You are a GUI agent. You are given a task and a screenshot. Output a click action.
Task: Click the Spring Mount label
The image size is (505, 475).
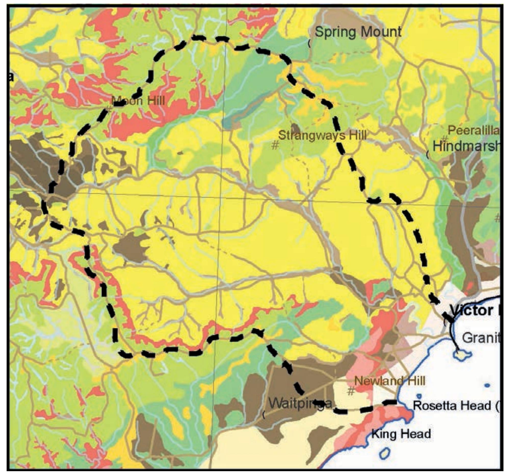pyautogui.click(x=358, y=32)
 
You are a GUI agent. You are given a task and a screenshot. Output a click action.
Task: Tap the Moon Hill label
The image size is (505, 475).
pyautogui.click(x=138, y=101)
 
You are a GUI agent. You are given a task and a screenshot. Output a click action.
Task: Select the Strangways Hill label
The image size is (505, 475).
pyautogui.click(x=322, y=135)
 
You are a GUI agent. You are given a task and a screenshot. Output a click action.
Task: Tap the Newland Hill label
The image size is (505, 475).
pyautogui.click(x=390, y=381)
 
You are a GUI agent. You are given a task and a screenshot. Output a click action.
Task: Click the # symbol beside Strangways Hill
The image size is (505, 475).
pyautogui.click(x=275, y=145)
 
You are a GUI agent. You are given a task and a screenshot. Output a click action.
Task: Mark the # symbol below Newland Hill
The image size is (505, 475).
pyautogui.click(x=351, y=391)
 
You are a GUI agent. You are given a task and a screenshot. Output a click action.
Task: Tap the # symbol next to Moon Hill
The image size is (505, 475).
pyautogui.click(x=108, y=109)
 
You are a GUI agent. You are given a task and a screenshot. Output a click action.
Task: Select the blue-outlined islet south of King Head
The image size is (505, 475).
pyautogui.click(x=385, y=453)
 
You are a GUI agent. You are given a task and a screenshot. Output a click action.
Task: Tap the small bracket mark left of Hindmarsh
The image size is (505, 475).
pyautogui.click(x=428, y=155)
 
